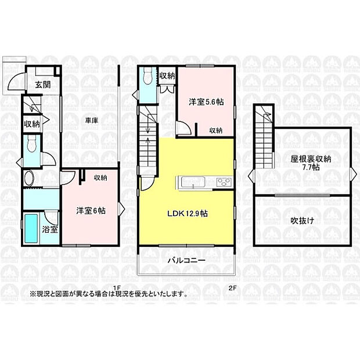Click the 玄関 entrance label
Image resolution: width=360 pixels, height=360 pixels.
point(42,84)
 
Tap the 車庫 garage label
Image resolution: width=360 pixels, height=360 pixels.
point(91,120)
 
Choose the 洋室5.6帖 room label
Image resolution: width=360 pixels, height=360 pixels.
point(206,102)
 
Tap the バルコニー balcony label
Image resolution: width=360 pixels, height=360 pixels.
point(186,261)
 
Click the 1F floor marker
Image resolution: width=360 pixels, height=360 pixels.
point(116,287)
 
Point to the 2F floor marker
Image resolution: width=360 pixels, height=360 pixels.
point(232,287)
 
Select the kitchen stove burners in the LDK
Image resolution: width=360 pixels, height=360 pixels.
point(224,183)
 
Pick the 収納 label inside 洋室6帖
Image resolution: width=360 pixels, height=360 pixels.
point(100,178)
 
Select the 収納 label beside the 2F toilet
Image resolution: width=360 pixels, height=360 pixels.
point(167,75)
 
